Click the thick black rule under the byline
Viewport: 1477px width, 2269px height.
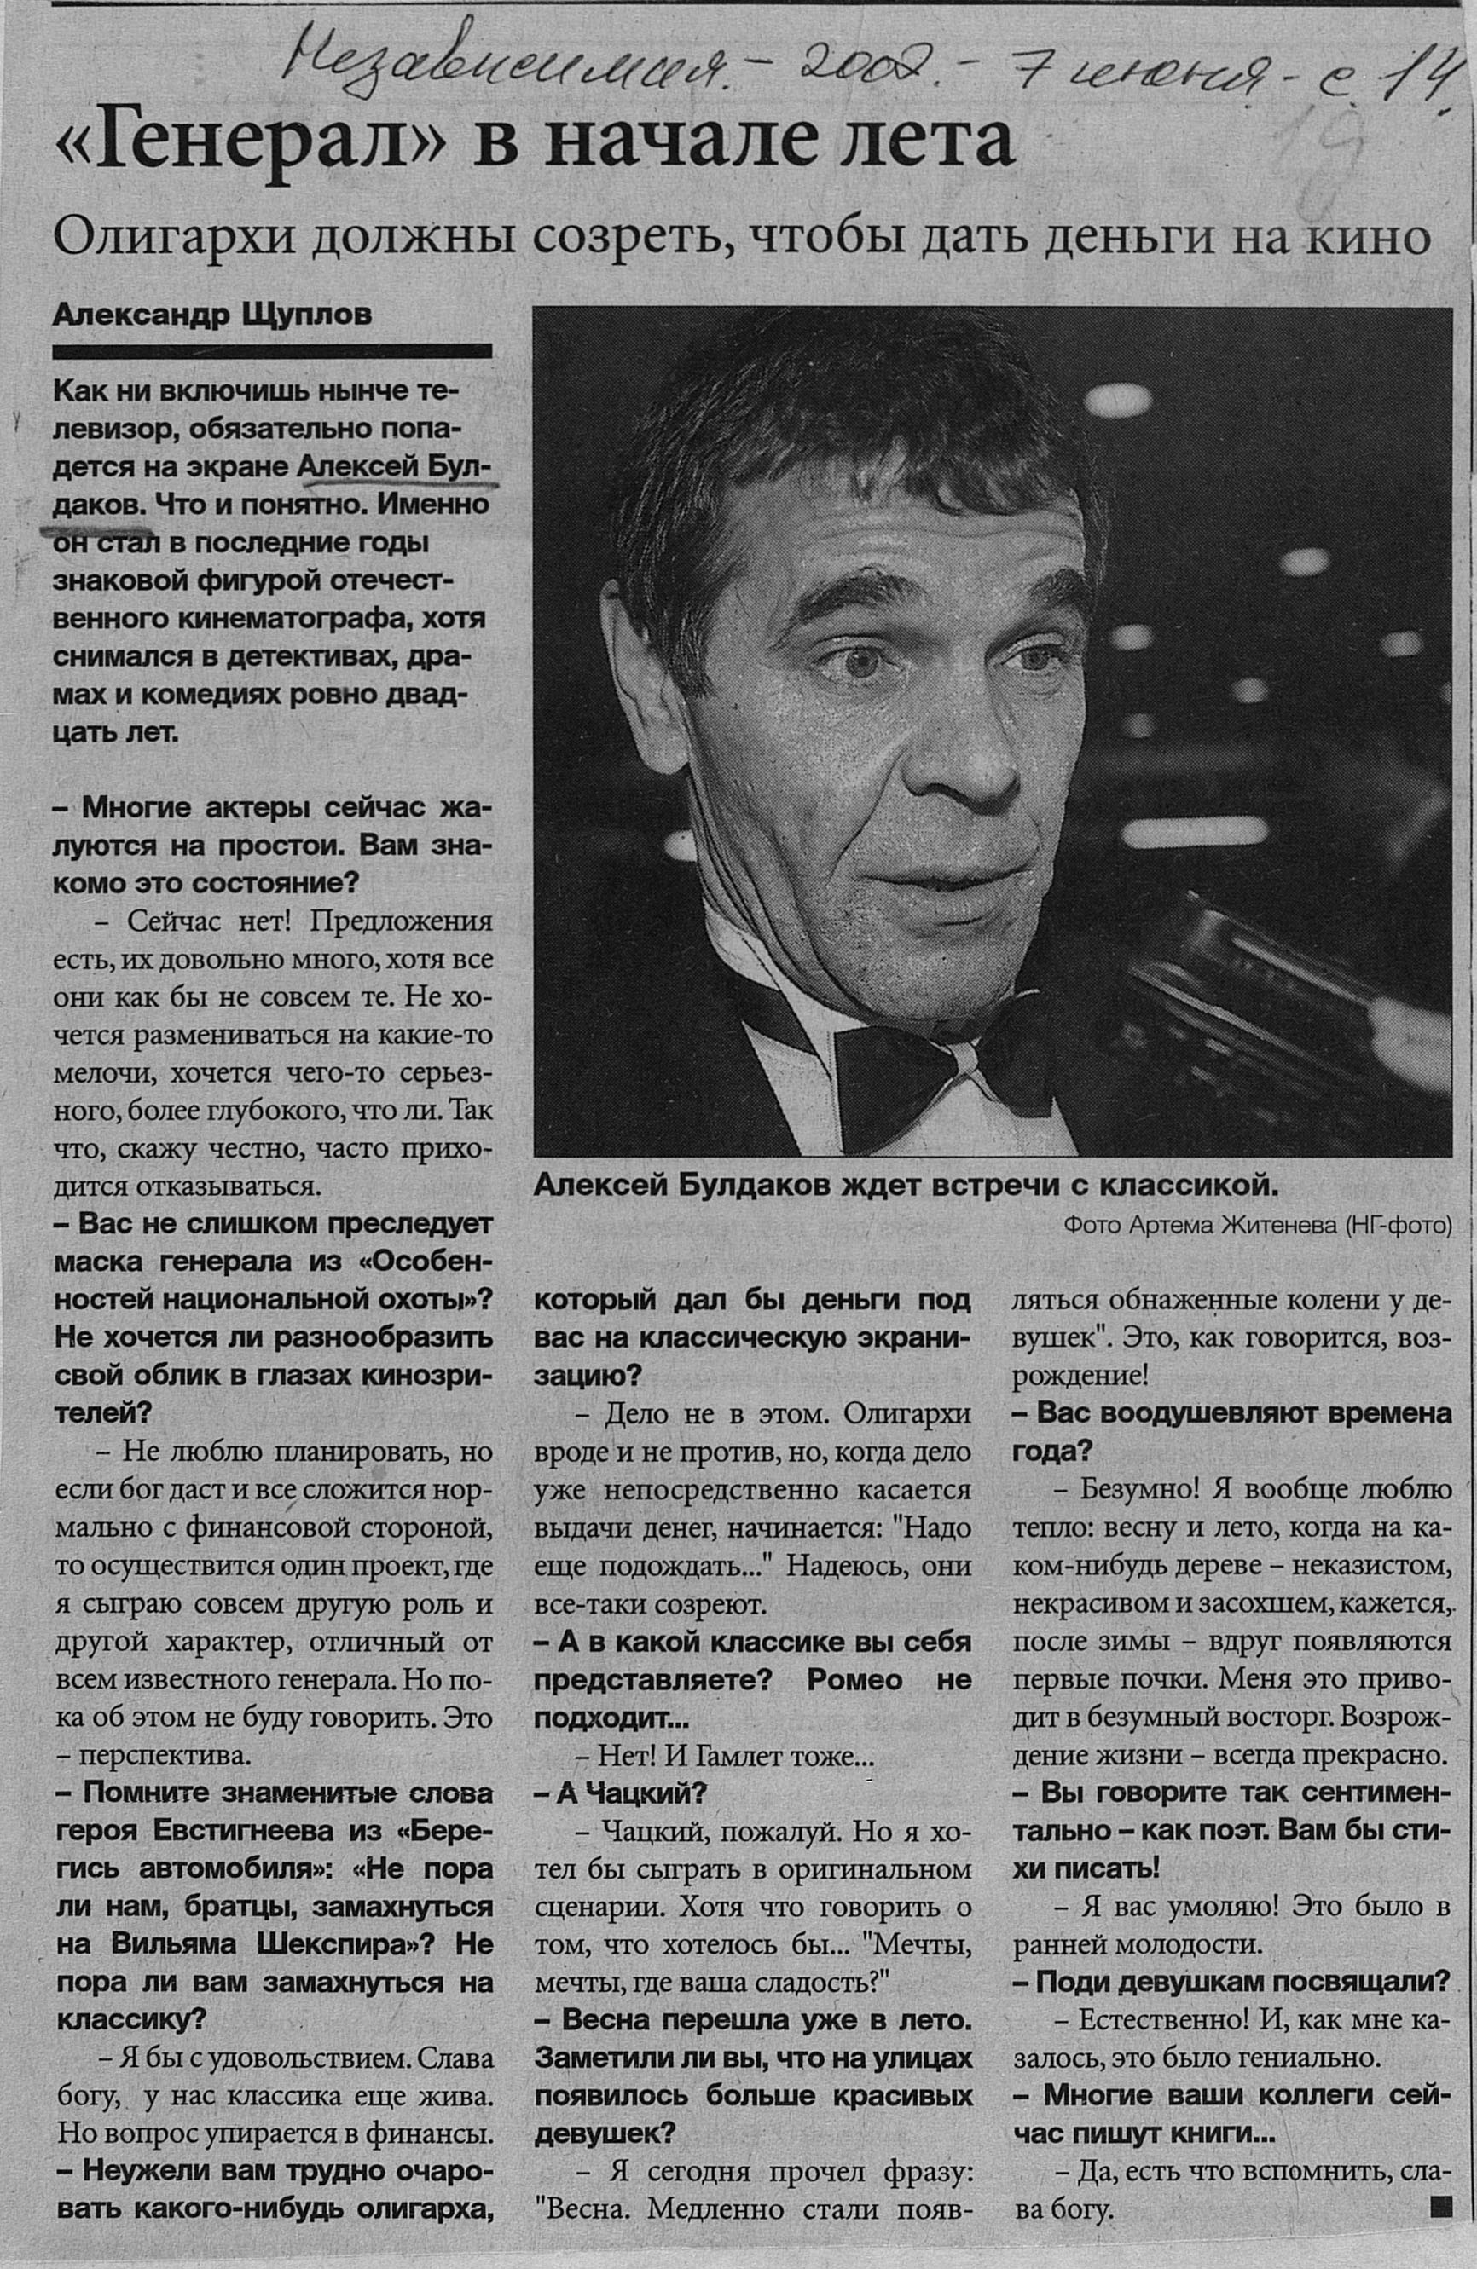pos(273,352)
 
